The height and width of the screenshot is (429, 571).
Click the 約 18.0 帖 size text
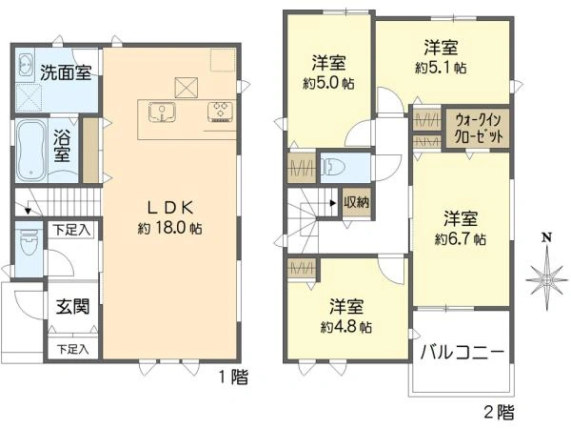[x=170, y=229]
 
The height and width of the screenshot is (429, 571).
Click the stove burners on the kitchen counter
[x=221, y=111]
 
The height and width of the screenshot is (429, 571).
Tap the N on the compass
[x=546, y=237]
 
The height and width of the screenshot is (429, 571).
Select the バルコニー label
[x=463, y=352]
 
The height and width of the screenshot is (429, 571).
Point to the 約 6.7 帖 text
[x=462, y=237]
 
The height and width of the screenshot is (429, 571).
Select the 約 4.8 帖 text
[x=346, y=326]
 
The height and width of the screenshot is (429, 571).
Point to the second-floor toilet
[x=334, y=167]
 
